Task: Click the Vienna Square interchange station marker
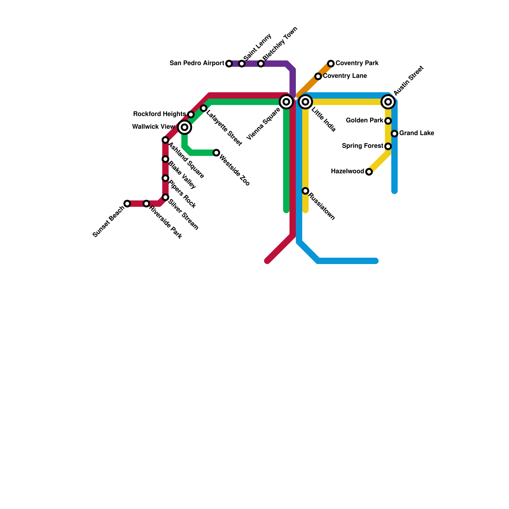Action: (286, 102)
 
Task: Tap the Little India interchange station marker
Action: (305, 102)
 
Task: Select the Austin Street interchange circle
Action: (388, 102)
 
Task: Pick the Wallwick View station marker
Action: (185, 127)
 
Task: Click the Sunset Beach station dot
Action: (127, 204)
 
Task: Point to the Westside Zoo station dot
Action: (216, 153)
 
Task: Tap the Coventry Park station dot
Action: (331, 64)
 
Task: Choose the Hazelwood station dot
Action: (369, 172)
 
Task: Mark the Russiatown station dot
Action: (305, 191)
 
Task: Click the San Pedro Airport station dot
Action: (229, 64)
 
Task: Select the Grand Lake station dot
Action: (394, 134)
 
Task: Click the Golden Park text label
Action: (365, 121)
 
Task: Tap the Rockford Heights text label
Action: (159, 114)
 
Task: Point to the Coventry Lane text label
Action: (345, 76)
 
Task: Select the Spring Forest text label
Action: (363, 146)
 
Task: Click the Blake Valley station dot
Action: (165, 159)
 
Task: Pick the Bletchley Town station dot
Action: (261, 64)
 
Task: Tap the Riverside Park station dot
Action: (146, 204)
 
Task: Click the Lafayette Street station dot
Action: (204, 108)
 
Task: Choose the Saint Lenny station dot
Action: (242, 64)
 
